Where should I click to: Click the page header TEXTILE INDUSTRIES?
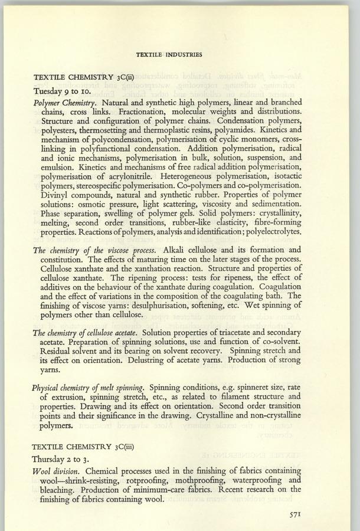(x=169, y=54)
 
